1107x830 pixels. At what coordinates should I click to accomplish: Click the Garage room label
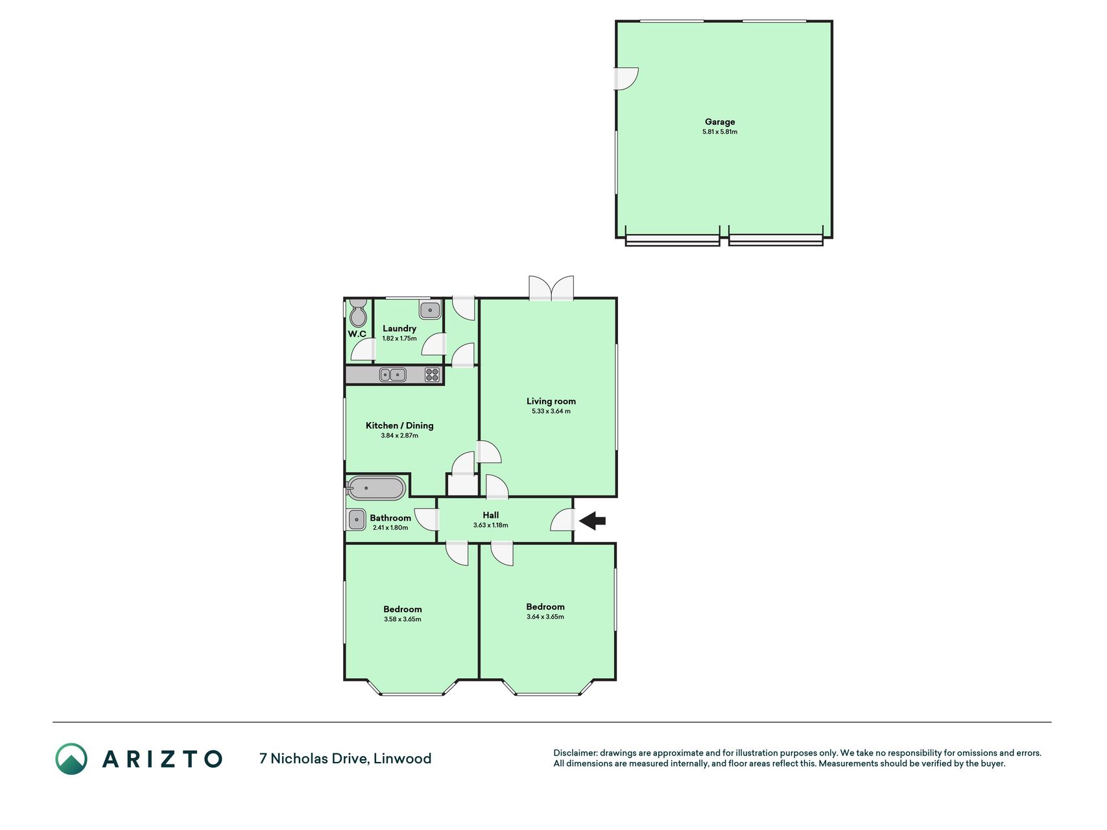[720, 121]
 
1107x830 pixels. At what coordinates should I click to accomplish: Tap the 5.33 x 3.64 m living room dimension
[551, 411]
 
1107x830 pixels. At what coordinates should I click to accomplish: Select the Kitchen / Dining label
[399, 425]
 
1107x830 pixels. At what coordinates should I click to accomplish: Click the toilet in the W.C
[357, 313]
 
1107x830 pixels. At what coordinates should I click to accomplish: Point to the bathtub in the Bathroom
[376, 488]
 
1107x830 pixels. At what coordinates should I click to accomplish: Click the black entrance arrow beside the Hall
[592, 520]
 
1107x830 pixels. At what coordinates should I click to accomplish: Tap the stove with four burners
[432, 374]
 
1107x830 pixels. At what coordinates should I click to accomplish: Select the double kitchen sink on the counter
[392, 374]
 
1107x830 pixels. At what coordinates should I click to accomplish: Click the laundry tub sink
[430, 310]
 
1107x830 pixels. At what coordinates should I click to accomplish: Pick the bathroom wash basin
[357, 519]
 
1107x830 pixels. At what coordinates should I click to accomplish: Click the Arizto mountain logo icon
[71, 759]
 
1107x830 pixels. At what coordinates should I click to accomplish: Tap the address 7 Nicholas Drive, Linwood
[345, 758]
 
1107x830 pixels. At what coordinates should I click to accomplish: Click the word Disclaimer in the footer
[575, 753]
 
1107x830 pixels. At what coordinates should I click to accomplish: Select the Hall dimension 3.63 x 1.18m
[490, 525]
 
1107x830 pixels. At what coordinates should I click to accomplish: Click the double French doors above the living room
[551, 288]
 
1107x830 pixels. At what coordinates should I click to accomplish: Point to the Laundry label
[399, 328]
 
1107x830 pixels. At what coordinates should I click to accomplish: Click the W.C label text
[357, 334]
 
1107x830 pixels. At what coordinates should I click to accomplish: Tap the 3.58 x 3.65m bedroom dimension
[403, 619]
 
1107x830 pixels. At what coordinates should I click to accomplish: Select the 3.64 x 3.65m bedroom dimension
[545, 617]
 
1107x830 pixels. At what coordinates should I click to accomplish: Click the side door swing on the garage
[627, 78]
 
